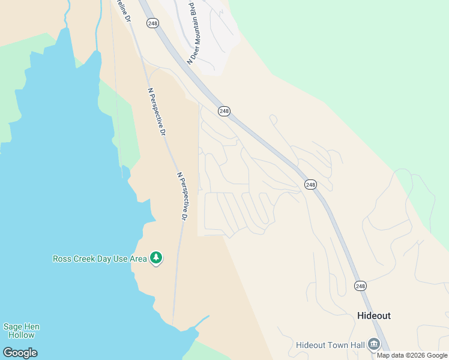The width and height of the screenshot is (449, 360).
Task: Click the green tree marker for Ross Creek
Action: tap(156, 257)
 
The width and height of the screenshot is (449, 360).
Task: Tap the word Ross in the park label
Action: tap(63, 259)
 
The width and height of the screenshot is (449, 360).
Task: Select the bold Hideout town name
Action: tap(373, 316)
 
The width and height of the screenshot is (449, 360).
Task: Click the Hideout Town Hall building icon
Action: tap(374, 344)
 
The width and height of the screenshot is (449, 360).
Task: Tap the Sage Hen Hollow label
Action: tap(22, 331)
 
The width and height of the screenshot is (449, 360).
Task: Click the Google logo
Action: tap(20, 353)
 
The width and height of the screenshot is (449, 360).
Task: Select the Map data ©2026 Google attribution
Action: tap(412, 355)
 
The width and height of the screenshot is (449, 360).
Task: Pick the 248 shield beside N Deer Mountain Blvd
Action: tap(152, 22)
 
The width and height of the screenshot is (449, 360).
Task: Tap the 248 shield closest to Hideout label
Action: tap(360, 286)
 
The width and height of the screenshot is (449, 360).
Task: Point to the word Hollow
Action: tap(22, 335)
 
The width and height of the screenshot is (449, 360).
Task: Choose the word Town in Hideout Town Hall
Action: tap(333, 345)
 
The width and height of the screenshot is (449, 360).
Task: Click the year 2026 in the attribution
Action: tap(417, 355)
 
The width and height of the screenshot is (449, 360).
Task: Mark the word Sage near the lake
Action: tap(12, 327)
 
